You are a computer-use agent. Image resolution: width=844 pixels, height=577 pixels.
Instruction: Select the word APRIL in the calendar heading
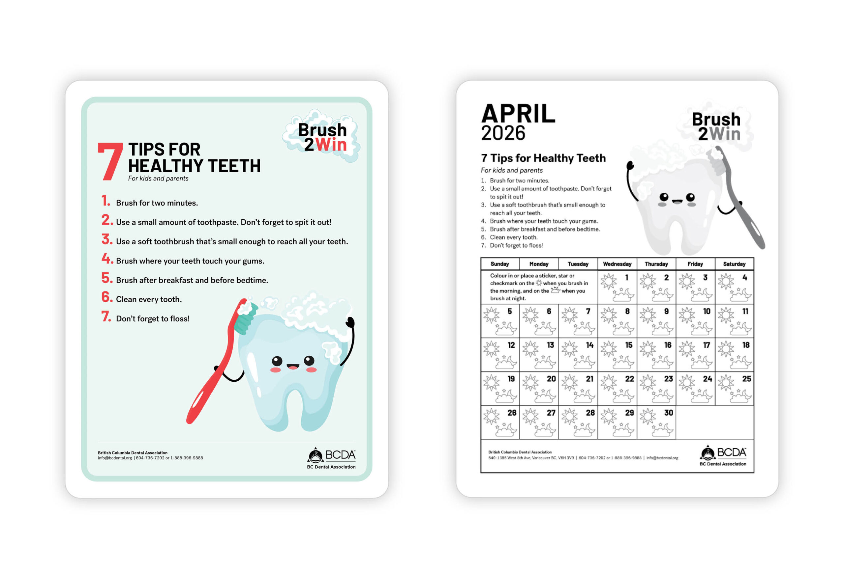pyautogui.click(x=518, y=114)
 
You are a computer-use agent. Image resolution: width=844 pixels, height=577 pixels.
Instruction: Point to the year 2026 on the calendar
pyautogui.click(x=503, y=133)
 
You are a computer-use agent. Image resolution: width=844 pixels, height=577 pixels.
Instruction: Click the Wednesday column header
pyautogui.click(x=617, y=264)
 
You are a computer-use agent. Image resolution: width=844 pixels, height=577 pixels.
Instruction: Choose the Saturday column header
pyautogui.click(x=734, y=264)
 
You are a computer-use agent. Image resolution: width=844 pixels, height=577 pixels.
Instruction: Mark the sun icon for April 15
pyautogui.click(x=609, y=349)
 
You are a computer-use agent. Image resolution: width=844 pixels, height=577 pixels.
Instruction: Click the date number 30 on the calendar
pyautogui.click(x=669, y=413)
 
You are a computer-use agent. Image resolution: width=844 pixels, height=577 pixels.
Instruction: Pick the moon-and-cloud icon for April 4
pyautogui.click(x=740, y=295)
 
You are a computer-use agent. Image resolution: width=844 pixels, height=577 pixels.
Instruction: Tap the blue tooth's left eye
pyautogui.click(x=277, y=361)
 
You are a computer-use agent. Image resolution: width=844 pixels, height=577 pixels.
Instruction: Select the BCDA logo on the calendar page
pyautogui.click(x=723, y=455)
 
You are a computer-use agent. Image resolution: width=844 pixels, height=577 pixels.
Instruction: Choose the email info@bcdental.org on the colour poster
pyautogui.click(x=115, y=458)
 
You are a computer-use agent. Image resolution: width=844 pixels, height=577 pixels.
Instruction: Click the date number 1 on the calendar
pyautogui.click(x=627, y=278)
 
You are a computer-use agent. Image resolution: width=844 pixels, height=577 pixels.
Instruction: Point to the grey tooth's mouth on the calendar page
pyautogui.click(x=677, y=201)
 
